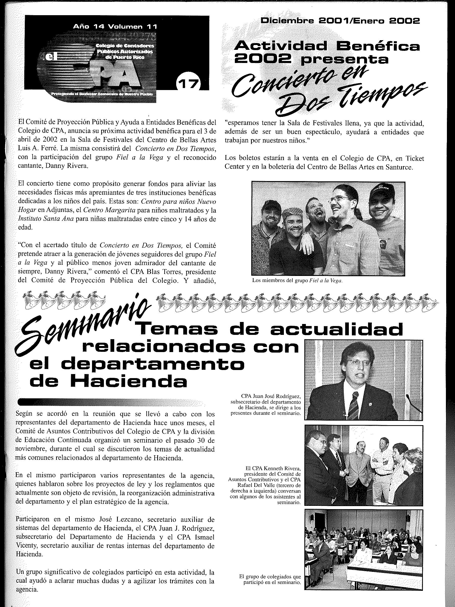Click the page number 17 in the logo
click(189, 83)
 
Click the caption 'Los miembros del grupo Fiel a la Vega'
click(297, 281)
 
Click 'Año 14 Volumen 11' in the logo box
click(115, 27)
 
